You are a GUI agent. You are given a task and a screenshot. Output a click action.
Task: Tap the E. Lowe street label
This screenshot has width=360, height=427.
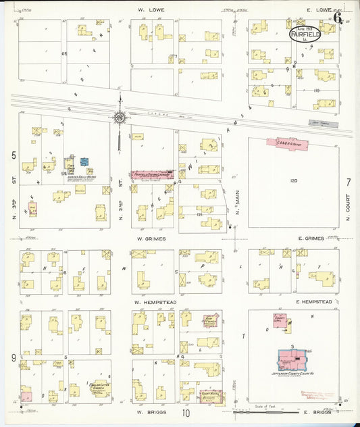tap(317, 10)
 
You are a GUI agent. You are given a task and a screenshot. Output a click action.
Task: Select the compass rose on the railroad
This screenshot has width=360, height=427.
tap(120, 118)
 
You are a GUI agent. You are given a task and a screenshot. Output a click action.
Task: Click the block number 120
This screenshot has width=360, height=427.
tap(294, 181)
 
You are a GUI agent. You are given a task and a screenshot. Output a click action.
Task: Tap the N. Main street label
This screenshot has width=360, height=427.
tap(239, 210)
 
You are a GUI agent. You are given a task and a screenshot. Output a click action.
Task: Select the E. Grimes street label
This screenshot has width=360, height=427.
tap(309, 238)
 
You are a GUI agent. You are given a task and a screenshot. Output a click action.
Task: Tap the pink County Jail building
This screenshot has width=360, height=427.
tap(279, 320)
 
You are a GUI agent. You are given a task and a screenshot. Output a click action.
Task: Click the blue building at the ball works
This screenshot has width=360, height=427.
tap(84, 162)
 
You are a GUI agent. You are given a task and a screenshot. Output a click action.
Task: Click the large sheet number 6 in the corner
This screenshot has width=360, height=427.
tap(337, 17)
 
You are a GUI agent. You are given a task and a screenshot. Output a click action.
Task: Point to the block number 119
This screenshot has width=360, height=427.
tap(315, 90)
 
